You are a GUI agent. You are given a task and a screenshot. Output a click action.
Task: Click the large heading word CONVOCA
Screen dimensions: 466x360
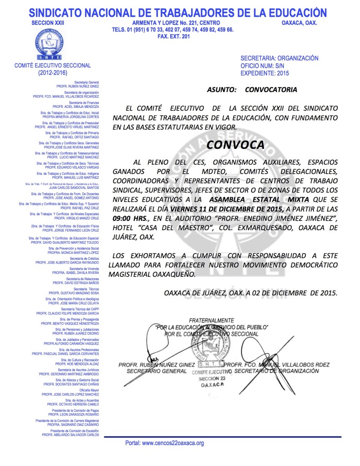click(x=235, y=145)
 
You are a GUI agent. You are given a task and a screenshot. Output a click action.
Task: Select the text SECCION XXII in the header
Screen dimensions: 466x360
click(x=46, y=23)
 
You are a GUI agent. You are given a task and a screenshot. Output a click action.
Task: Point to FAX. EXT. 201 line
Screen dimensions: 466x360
click(x=172, y=36)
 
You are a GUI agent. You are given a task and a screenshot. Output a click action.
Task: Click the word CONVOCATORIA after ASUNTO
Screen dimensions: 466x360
click(x=271, y=90)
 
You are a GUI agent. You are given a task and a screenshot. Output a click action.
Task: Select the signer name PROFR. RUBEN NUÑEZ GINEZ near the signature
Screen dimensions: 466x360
click(x=156, y=365)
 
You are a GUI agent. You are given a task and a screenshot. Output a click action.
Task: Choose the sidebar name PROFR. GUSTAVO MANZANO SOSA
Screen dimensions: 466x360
click(x=74, y=293)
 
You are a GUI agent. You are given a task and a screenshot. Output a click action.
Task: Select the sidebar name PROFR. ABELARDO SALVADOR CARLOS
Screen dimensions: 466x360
click(x=71, y=435)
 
